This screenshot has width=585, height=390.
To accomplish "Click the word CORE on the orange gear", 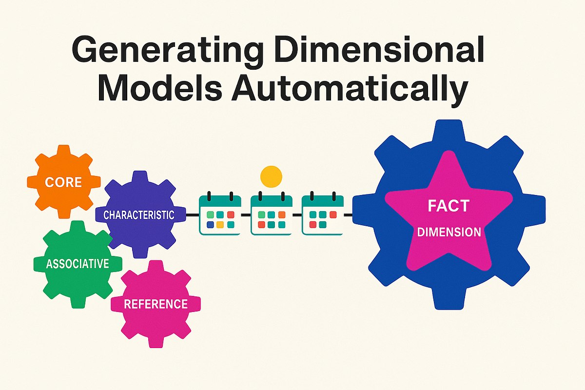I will (x=63, y=182).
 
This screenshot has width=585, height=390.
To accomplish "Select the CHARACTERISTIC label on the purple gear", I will (x=139, y=214).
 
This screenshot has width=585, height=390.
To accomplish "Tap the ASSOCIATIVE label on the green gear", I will (x=78, y=264).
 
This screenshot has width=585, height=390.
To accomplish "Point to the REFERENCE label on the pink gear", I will (x=156, y=304).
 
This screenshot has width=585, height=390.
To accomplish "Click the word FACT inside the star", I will (x=449, y=206).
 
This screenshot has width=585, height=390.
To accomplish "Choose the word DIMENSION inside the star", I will (x=449, y=232).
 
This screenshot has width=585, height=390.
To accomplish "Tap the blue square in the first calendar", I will (x=210, y=224).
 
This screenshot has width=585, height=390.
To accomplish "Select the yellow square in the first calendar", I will (x=220, y=224).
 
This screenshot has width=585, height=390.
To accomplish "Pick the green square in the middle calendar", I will (x=262, y=214).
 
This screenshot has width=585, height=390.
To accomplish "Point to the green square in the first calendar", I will (x=210, y=214).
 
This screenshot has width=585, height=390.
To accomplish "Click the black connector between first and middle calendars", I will (x=246, y=214).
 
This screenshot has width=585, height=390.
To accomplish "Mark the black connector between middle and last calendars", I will (x=297, y=214).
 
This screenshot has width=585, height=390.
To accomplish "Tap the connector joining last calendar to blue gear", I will (x=348, y=214).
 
